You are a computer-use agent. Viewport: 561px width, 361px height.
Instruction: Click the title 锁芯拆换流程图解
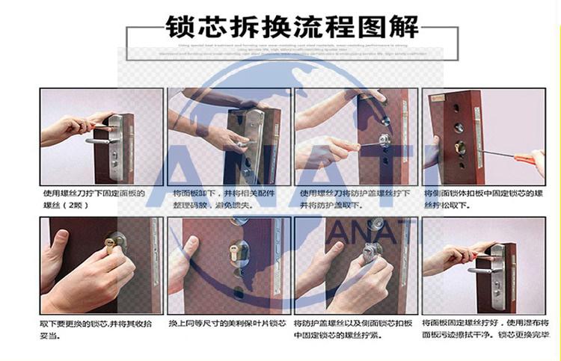click(290, 29)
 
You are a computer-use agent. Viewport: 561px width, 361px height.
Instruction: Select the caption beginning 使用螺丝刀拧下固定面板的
click(96, 198)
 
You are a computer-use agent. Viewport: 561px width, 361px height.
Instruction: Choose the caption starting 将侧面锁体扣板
click(482, 198)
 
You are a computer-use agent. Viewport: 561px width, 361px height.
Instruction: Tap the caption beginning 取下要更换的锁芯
click(93, 329)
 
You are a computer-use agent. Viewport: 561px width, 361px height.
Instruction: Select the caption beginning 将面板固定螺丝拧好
click(486, 329)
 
